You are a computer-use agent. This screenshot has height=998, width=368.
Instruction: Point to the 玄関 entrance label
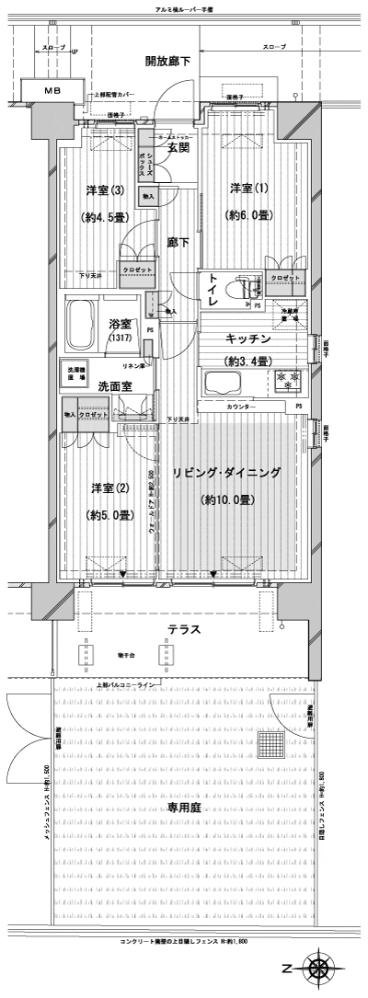[178, 148]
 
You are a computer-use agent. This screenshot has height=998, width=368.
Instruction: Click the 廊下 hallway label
[178, 243]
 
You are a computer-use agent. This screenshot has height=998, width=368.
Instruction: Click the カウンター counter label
[240, 406]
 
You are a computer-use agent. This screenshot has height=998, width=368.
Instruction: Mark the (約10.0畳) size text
[227, 500]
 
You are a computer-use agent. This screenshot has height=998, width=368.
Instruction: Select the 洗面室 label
[117, 386]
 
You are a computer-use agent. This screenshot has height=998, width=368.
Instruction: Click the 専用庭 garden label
[184, 807]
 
